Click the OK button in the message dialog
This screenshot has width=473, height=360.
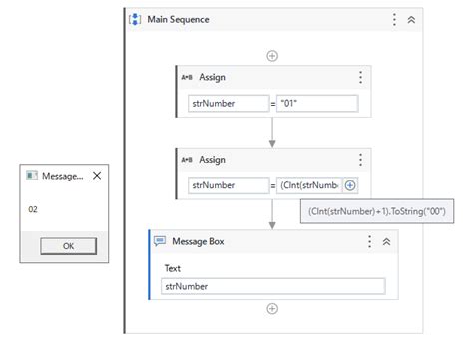(68, 245)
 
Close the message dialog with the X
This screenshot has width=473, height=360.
(96, 175)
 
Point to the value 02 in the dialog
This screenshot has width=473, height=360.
(33, 209)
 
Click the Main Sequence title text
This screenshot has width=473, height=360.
(179, 19)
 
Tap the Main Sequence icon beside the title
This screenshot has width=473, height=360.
(136, 19)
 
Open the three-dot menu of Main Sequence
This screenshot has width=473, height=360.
(394, 19)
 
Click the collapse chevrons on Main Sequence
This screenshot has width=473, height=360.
(412, 19)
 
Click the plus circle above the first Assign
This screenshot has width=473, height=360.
(271, 55)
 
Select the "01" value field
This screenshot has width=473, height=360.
(317, 103)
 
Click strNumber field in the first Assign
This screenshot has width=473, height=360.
(228, 103)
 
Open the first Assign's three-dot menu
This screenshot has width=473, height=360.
(360, 77)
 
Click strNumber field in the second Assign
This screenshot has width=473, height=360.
(228, 185)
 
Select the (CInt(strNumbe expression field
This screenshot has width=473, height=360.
(309, 185)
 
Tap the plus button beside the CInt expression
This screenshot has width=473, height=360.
(350, 185)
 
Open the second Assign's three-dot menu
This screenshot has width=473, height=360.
(360, 160)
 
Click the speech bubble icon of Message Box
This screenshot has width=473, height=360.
(160, 241)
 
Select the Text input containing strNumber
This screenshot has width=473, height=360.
(272, 286)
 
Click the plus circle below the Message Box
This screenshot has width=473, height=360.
(271, 308)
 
